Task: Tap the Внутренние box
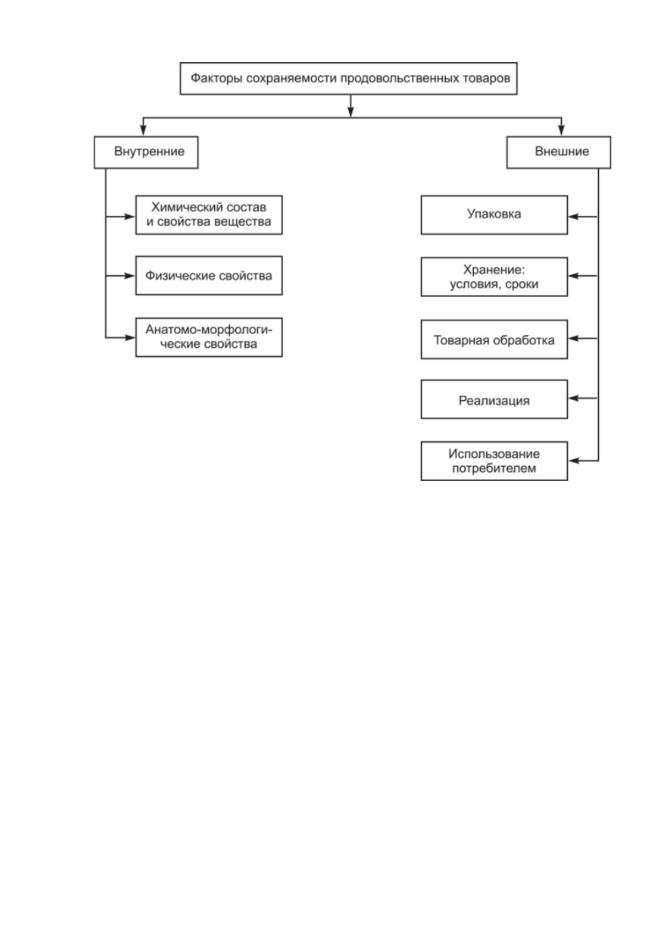point(146,152)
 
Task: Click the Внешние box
point(559,152)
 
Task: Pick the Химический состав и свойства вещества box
point(209,215)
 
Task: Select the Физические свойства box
point(209,276)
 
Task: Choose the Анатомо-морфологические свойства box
point(209,337)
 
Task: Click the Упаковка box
point(494,215)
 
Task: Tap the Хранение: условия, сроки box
point(494,277)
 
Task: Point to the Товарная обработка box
point(494,339)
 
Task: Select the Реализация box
point(494,399)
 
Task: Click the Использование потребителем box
point(494,461)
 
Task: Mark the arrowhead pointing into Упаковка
point(573,216)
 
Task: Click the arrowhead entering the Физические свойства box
point(129,276)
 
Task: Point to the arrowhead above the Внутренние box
point(143,130)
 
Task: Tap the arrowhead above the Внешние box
point(562,130)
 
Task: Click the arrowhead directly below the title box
point(351,111)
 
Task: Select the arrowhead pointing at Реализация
point(573,399)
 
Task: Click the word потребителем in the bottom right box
point(494,468)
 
